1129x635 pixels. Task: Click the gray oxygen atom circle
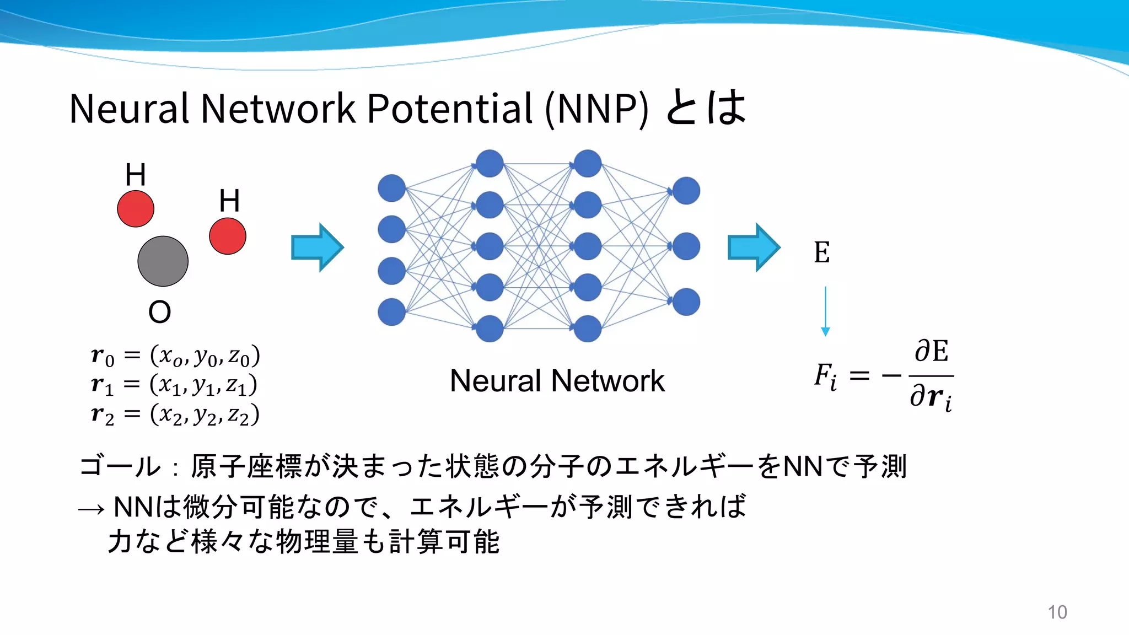click(x=163, y=261)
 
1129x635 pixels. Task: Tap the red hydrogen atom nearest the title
click(x=136, y=209)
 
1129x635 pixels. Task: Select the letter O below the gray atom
click(x=159, y=312)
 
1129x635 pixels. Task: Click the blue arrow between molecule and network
click(x=318, y=247)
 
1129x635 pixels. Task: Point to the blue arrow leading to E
click(x=754, y=247)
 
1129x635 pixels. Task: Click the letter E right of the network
click(x=821, y=253)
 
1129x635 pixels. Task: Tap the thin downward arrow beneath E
click(x=825, y=311)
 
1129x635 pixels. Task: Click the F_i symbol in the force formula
click(x=825, y=377)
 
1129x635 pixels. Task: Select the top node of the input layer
click(x=392, y=189)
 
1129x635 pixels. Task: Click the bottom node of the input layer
click(x=392, y=312)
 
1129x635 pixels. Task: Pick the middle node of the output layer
click(x=686, y=246)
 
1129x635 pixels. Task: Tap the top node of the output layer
click(x=686, y=191)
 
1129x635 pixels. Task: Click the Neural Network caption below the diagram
click(x=557, y=381)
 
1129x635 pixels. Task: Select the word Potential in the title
click(x=450, y=109)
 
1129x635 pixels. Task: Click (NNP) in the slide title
click(x=596, y=109)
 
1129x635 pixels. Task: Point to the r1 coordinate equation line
click(x=174, y=384)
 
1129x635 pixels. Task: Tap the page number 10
click(x=1057, y=612)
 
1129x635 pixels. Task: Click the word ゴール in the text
click(x=120, y=466)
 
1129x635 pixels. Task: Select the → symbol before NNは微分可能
click(x=91, y=508)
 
